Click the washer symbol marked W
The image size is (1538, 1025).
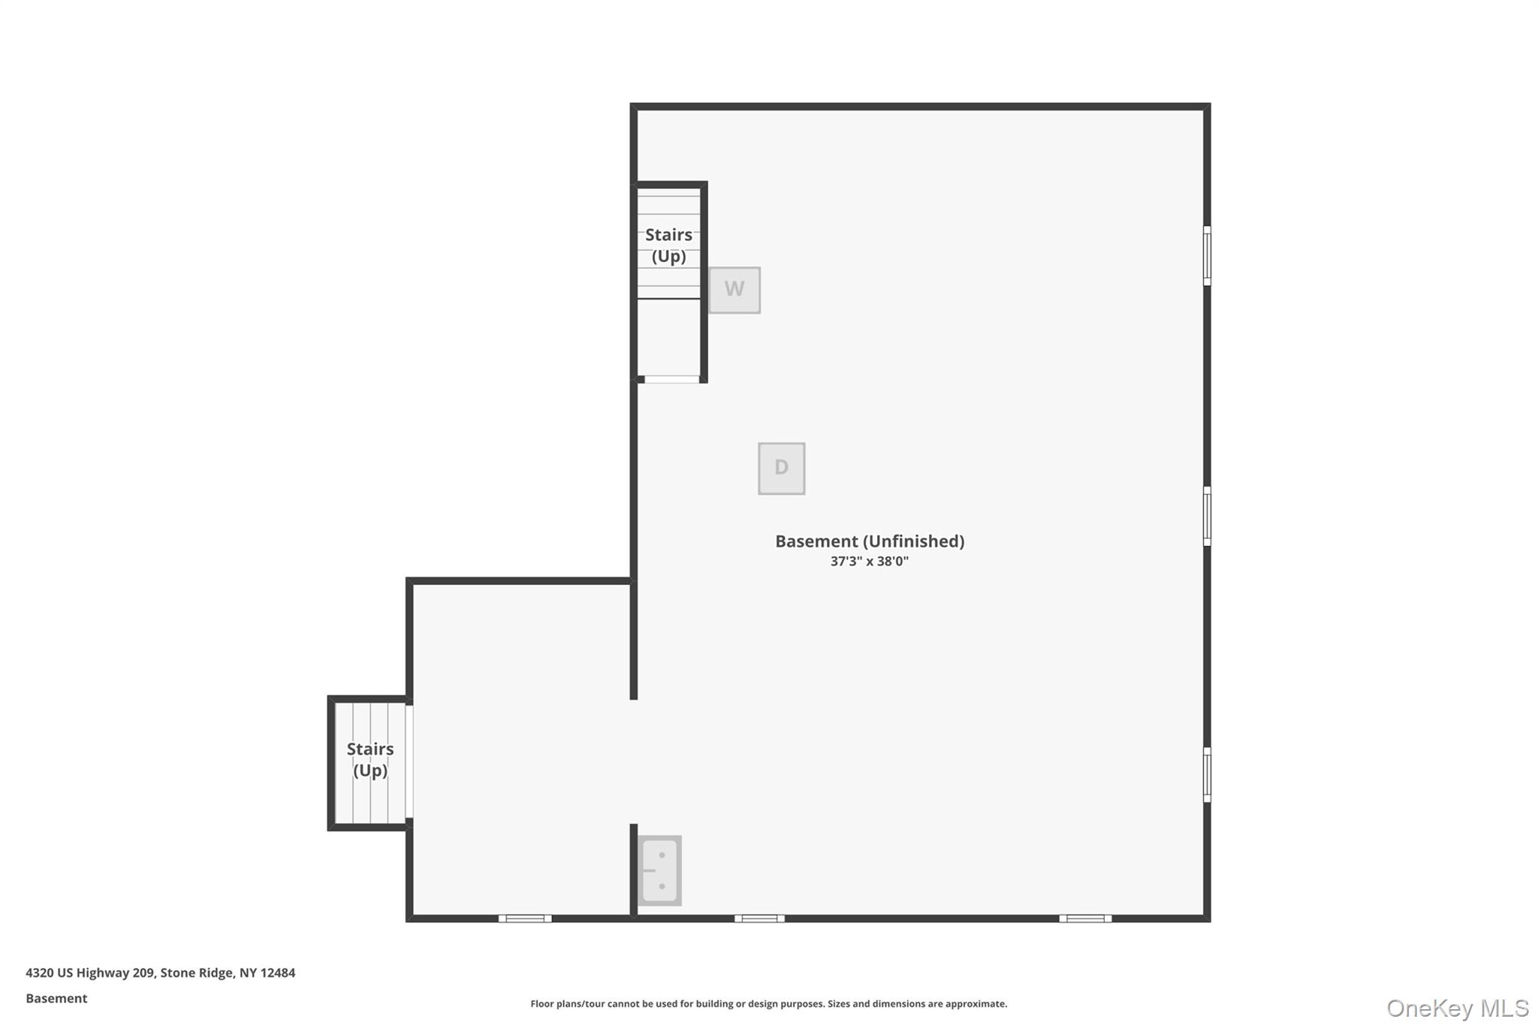734,290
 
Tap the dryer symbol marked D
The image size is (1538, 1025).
781,469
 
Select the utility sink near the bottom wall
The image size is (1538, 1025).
660,870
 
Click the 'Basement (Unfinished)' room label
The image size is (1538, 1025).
870,541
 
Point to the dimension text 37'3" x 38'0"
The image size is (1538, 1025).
869,562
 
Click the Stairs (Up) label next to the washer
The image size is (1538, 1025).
668,246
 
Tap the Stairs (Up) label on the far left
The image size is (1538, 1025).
370,760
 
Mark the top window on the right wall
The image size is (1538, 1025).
1207,255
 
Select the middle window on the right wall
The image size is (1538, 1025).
1207,516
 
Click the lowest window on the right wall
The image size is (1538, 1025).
1207,774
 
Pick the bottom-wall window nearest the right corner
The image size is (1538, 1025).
1085,918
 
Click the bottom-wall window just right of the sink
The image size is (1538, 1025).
759,918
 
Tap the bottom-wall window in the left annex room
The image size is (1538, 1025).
525,918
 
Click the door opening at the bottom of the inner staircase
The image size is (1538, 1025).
671,379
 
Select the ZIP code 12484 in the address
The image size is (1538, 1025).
278,973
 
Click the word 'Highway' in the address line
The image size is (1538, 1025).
103,973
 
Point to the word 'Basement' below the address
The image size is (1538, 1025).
56,999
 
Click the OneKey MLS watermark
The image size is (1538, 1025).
1457,1008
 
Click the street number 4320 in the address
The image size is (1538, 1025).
39,973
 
